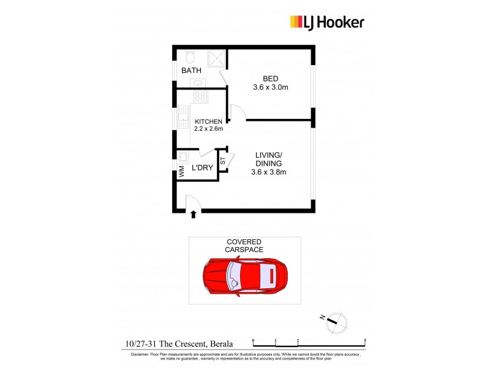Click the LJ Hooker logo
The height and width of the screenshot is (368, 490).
pyautogui.click(x=326, y=23)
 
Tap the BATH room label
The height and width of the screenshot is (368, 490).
pyautogui.click(x=191, y=71)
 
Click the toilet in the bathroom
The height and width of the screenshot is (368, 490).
pyautogui.click(x=190, y=57)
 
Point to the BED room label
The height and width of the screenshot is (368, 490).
pyautogui.click(x=271, y=79)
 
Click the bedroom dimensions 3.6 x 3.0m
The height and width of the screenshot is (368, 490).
pyautogui.click(x=271, y=88)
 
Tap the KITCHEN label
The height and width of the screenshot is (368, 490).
pyautogui.click(x=208, y=121)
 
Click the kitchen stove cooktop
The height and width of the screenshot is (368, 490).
pyautogui.click(x=200, y=96)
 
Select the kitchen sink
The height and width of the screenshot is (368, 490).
pyautogui.click(x=183, y=117)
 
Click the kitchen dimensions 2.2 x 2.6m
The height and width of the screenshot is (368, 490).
pyautogui.click(x=208, y=129)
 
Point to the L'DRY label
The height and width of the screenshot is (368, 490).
pyautogui.click(x=202, y=167)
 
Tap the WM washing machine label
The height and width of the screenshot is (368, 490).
pyautogui.click(x=183, y=172)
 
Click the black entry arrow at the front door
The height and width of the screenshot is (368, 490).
pyautogui.click(x=194, y=214)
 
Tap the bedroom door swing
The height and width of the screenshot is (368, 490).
pyautogui.click(x=238, y=112)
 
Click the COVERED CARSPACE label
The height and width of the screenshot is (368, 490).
pyautogui.click(x=244, y=246)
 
